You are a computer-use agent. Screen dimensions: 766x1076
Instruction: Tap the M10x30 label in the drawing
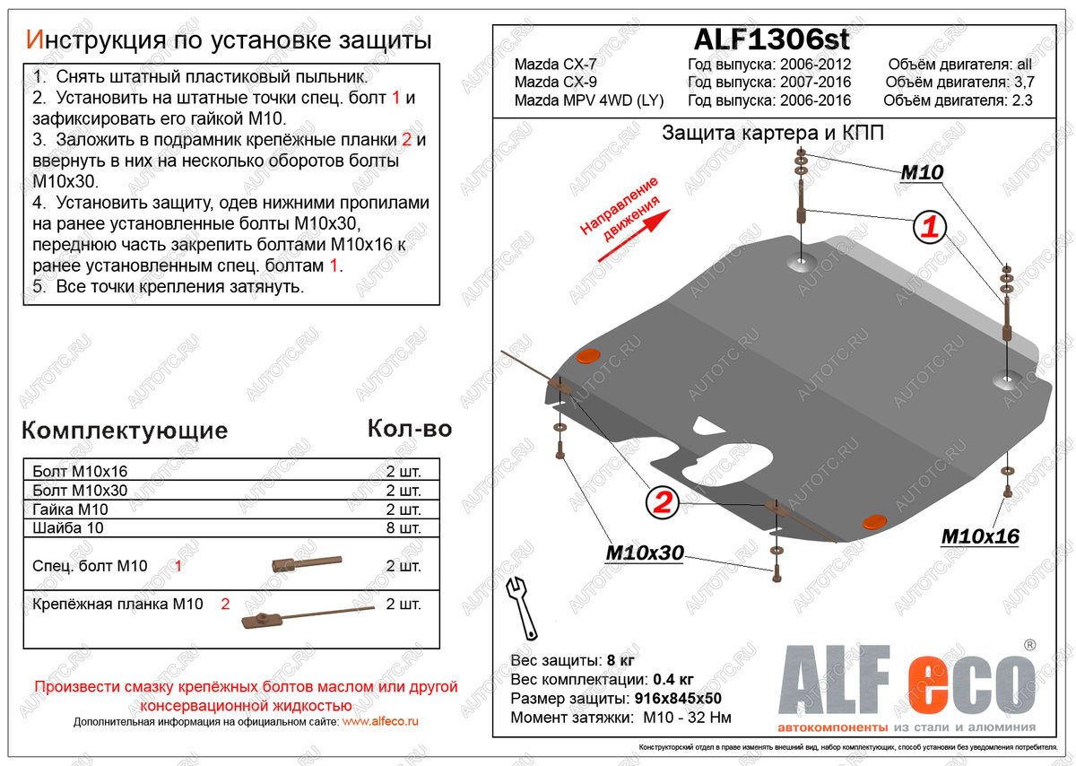click(643, 553)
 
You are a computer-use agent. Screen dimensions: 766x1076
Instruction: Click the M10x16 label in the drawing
click(979, 536)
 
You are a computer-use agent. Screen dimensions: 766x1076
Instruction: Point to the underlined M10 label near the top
click(921, 173)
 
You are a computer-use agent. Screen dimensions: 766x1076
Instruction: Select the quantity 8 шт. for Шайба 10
click(403, 527)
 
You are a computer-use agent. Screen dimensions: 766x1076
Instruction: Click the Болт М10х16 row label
click(80, 471)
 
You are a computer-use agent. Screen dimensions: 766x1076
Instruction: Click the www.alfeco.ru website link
click(381, 721)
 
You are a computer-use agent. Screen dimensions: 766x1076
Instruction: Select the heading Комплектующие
click(125, 431)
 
